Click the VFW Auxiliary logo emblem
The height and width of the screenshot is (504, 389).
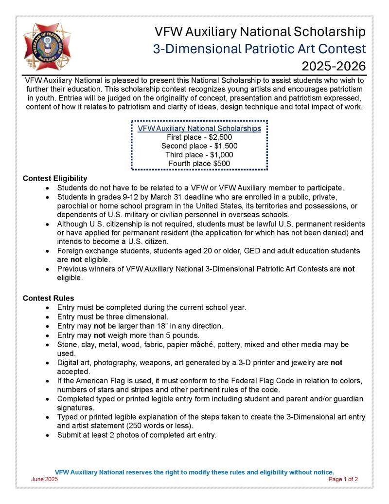pyautogui.click(x=47, y=47)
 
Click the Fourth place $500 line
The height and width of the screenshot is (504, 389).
pyautogui.click(x=199, y=164)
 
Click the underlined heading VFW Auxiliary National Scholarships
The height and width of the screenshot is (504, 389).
pyautogui.click(x=199, y=129)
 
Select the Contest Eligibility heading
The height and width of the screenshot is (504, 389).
pyautogui.click(x=55, y=178)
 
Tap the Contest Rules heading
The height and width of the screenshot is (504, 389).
pyautogui.click(x=48, y=298)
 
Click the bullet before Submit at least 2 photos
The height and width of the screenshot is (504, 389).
pyautogui.click(x=47, y=435)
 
